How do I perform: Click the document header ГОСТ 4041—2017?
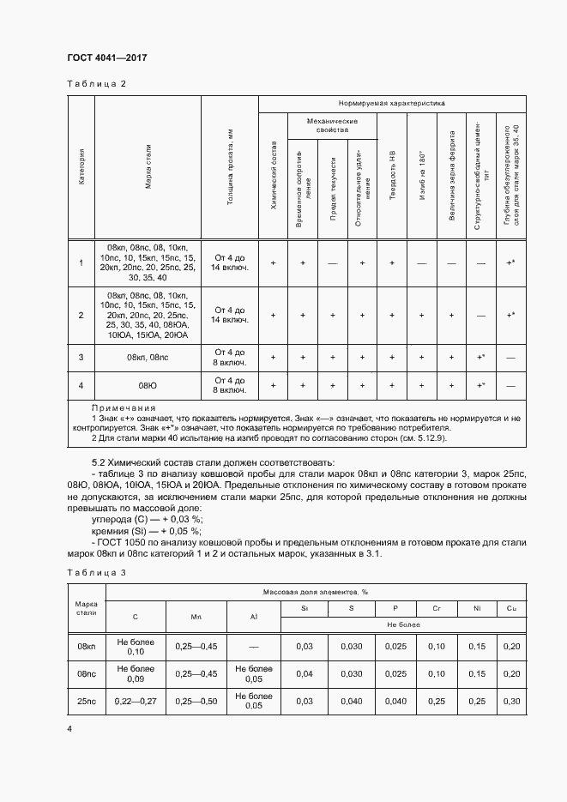107,57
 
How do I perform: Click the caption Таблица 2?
96,84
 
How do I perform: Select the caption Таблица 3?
96,572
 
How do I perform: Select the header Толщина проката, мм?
230,167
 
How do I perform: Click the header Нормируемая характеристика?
392,102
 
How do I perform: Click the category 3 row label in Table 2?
81,357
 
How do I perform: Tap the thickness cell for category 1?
230,262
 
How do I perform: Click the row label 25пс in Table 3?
86,701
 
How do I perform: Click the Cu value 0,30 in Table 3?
512,701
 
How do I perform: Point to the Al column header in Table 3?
253,617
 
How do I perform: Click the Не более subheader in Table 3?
402,625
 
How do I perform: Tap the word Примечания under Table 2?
124,407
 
